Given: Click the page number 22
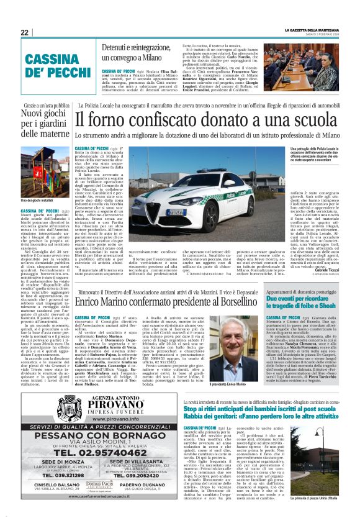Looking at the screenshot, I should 25,32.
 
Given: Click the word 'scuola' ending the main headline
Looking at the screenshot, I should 329,118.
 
